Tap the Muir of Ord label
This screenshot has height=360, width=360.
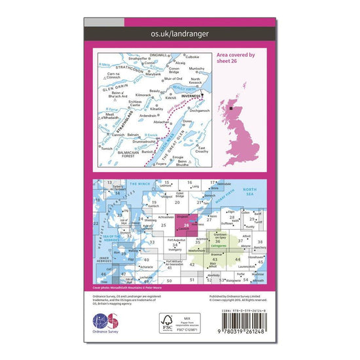click(172, 79)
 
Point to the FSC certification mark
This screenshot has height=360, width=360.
click(171, 322)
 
